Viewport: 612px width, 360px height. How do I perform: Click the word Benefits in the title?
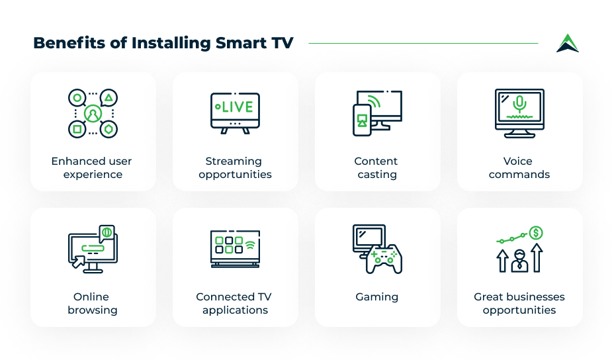point(69,42)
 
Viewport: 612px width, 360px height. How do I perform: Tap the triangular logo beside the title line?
point(568,43)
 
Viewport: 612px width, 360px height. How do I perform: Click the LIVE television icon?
point(235,113)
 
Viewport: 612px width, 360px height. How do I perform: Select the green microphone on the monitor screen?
point(519,104)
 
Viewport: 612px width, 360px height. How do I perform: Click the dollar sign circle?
point(536,233)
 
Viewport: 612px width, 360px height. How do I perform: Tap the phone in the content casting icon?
point(362,120)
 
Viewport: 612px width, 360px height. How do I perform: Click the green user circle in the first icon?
point(93,114)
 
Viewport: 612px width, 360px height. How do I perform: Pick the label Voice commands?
point(519,167)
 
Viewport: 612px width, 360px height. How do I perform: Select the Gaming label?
point(377,296)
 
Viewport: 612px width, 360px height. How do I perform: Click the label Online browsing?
point(93,303)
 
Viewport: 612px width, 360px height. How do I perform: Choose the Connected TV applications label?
point(234,303)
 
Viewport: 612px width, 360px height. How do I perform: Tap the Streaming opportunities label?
point(235,167)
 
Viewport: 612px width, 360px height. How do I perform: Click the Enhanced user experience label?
point(92,167)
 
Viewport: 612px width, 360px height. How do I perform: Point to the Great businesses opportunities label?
point(519,303)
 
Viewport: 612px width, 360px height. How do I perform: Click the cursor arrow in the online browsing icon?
point(78,261)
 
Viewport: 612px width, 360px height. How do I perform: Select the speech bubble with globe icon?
point(107,234)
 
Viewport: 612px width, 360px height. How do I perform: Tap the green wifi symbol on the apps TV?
point(250,244)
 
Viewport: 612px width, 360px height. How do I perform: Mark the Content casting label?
point(376,167)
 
